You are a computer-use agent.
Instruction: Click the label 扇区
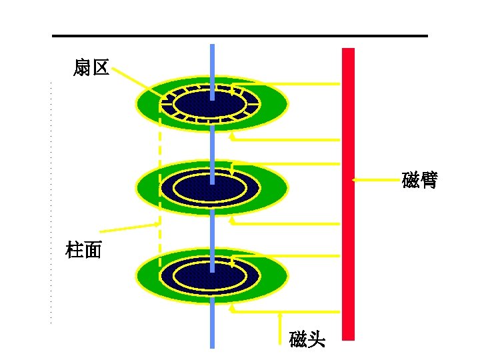pos(91,67)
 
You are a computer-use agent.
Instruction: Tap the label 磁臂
pos(419,180)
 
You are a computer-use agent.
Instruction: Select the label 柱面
pos(84,251)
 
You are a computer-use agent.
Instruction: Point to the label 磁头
pos(307,339)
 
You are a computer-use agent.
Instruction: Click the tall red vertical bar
pos(348,200)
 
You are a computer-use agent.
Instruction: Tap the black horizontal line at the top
pos(240,36)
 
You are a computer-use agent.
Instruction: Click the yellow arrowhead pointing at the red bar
pos(355,180)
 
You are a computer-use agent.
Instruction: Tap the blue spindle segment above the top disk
pos(212,63)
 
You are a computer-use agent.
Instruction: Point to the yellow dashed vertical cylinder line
pos(159,173)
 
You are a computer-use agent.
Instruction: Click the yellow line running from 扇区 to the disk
pos(140,83)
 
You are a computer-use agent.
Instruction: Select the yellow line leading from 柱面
pos(127,227)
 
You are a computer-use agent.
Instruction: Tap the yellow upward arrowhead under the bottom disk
pos(231,307)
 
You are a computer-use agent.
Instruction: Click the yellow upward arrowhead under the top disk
pos(231,136)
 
